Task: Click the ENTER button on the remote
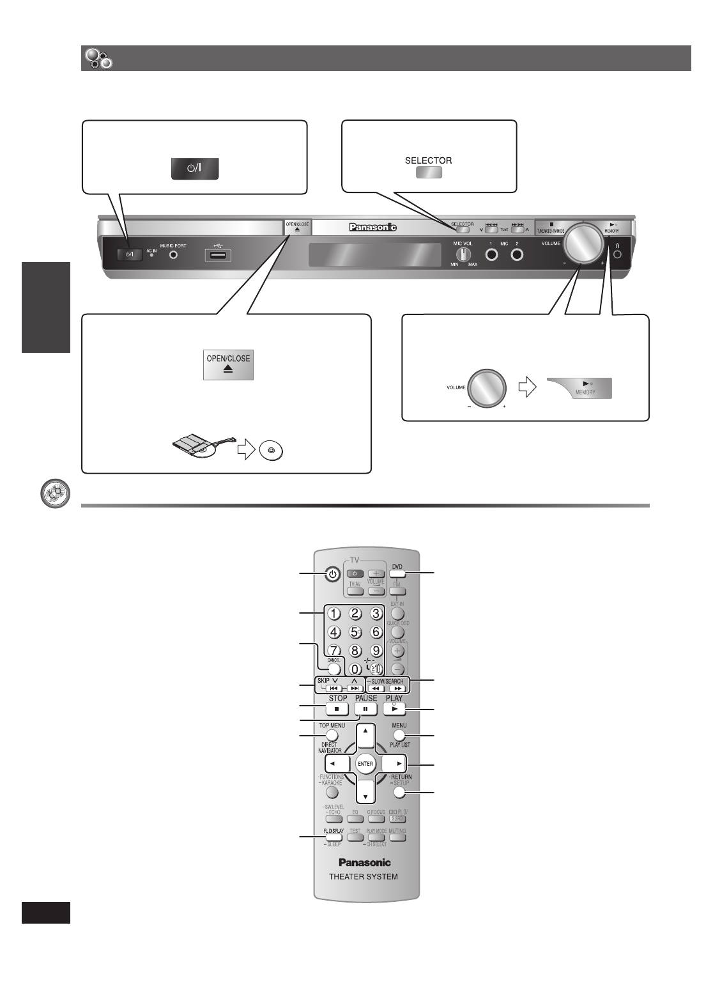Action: tap(365, 763)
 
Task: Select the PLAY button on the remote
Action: tap(394, 709)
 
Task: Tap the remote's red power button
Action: tap(331, 574)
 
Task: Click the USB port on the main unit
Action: tap(218, 255)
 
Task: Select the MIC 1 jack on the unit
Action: tap(491, 254)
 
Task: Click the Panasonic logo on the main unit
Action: tap(372, 226)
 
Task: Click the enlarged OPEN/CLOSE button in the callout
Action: tap(228, 365)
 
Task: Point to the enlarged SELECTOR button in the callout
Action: tap(429, 172)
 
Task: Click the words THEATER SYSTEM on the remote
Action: tap(363, 876)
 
